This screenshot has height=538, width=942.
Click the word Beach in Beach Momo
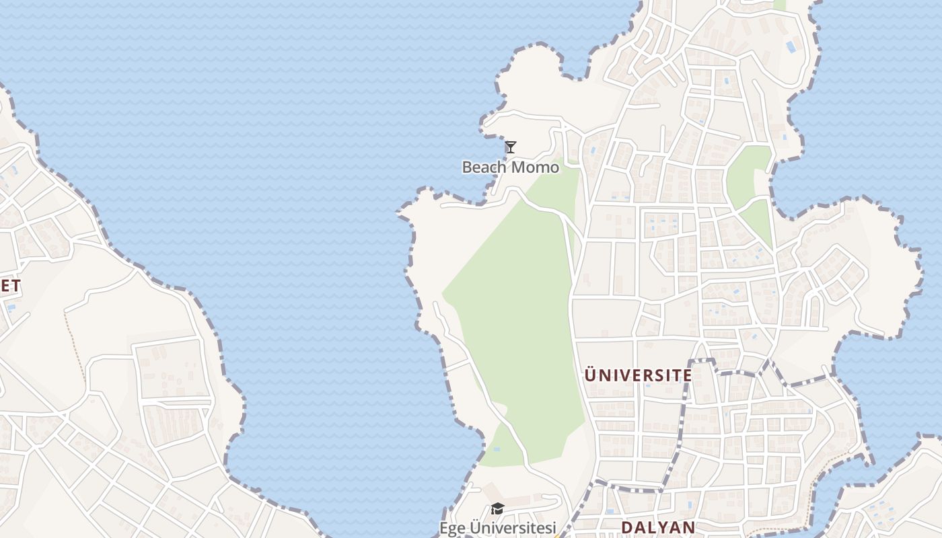479,167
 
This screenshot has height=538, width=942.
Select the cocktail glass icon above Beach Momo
511,147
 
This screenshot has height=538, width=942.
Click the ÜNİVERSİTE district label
638,375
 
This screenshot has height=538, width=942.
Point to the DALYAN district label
657,527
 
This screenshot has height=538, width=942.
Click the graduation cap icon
497,509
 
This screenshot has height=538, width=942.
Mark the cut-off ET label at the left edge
9,286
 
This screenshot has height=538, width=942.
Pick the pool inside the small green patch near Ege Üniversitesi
497,449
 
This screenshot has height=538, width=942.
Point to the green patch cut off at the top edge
780,4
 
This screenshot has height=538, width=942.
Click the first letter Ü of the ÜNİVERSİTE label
591,375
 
